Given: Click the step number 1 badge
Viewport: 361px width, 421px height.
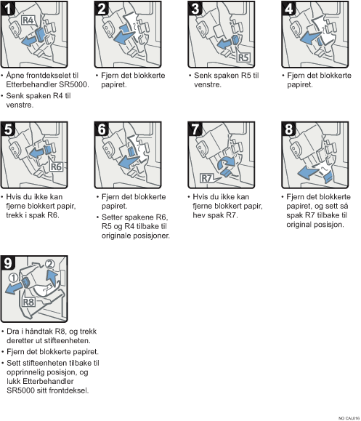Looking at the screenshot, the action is click(7, 8).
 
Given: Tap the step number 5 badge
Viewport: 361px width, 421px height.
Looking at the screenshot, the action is click(7, 129).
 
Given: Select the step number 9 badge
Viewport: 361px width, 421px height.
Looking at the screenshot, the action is click(7, 262).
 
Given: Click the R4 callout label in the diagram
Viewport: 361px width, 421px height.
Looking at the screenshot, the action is click(28, 20).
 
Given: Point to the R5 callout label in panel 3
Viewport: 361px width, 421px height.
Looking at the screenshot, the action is click(243, 57).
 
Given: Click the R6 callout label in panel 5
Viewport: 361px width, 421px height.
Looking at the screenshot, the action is click(56, 167).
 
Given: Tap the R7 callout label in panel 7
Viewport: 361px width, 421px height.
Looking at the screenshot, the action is click(207, 178).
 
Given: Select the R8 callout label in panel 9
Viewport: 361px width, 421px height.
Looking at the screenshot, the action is click(28, 302).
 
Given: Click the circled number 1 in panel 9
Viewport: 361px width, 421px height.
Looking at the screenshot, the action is click(13, 277).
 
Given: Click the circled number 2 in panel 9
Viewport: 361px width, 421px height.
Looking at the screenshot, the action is click(49, 264).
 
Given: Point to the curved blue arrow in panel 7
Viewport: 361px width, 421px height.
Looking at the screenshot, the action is click(226, 163).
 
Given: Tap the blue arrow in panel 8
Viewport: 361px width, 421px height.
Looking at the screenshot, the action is click(309, 172).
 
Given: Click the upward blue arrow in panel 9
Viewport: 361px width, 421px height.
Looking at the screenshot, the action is click(52, 278).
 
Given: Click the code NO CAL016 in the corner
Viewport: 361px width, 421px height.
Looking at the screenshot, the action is click(349, 418).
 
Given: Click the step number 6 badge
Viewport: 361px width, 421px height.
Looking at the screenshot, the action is click(102, 129).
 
